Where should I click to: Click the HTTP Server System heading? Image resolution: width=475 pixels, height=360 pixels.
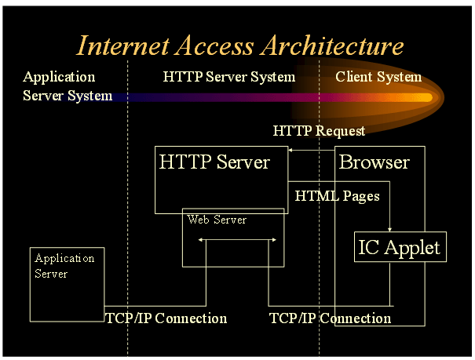tap(229, 77)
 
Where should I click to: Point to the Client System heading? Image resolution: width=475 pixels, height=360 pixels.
tap(378, 77)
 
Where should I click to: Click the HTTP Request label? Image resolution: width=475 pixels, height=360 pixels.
tap(319, 130)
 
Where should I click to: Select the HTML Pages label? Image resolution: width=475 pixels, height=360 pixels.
tap(337, 195)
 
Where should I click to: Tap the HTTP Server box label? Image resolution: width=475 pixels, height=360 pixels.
tap(214, 162)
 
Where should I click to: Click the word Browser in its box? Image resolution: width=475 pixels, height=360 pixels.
tap(374, 162)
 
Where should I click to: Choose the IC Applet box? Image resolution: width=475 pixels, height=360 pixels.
tap(400, 249)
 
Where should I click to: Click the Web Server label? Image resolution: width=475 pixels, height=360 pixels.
tap(217, 220)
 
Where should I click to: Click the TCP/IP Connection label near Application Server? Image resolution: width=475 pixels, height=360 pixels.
tap(166, 318)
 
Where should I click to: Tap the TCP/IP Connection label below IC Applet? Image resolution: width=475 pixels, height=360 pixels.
tap(330, 318)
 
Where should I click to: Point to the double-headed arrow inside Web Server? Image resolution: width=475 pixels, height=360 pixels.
tap(237, 240)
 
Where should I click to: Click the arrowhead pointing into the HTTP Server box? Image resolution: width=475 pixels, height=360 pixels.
tap(290, 150)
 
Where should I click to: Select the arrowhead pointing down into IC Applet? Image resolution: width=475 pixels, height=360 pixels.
tap(390, 228)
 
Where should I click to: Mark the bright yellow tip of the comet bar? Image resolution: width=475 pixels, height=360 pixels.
tap(428, 97)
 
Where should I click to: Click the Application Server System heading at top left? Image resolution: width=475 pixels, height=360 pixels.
tap(63, 86)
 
